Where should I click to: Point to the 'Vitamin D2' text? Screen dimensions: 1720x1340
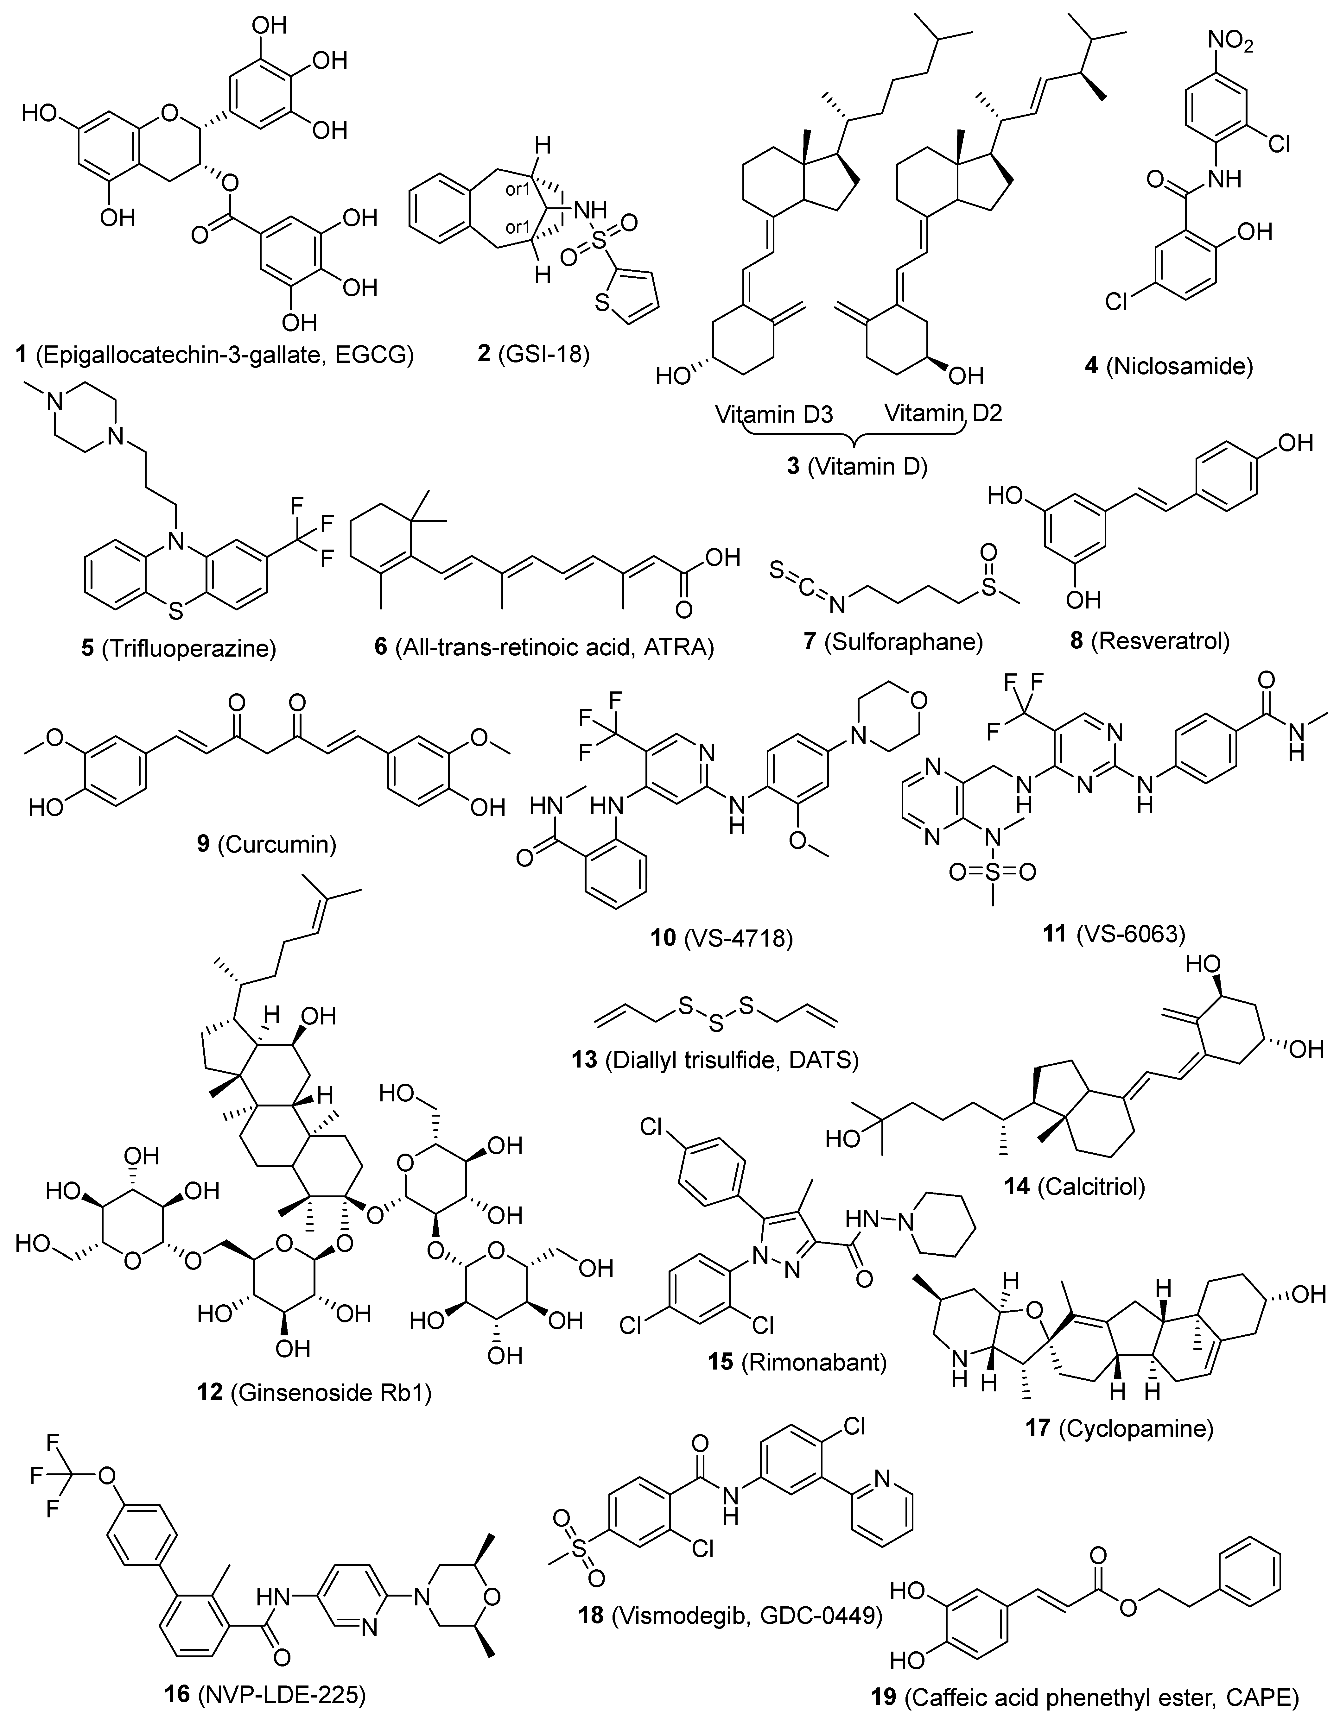[942, 413]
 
